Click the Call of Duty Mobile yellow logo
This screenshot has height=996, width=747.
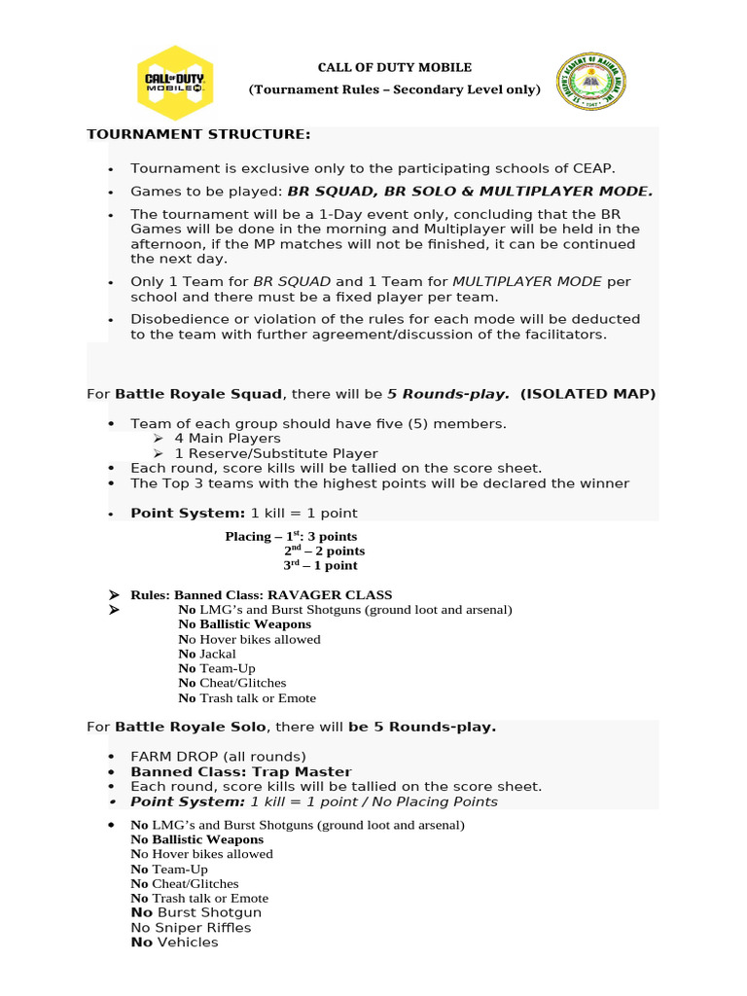pyautogui.click(x=174, y=82)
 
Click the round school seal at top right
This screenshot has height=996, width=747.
pyautogui.click(x=590, y=83)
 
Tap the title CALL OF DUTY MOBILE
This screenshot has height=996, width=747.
pyautogui.click(x=395, y=67)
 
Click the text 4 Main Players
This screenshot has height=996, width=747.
pyautogui.click(x=228, y=439)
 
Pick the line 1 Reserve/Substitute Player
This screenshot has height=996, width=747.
pyautogui.click(x=276, y=453)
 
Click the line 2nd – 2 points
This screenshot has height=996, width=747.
pyautogui.click(x=324, y=551)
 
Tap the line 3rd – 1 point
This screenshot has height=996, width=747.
pyautogui.click(x=320, y=565)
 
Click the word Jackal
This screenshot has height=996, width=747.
pyautogui.click(x=218, y=654)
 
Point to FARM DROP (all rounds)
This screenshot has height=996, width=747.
pyautogui.click(x=218, y=756)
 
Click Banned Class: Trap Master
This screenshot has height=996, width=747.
pyautogui.click(x=240, y=771)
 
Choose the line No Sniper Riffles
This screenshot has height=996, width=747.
pyautogui.click(x=191, y=928)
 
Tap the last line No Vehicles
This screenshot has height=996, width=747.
pyautogui.click(x=174, y=943)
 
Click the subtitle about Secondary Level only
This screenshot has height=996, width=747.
pyautogui.click(x=395, y=89)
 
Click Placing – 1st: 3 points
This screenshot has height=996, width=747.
pyautogui.click(x=291, y=536)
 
